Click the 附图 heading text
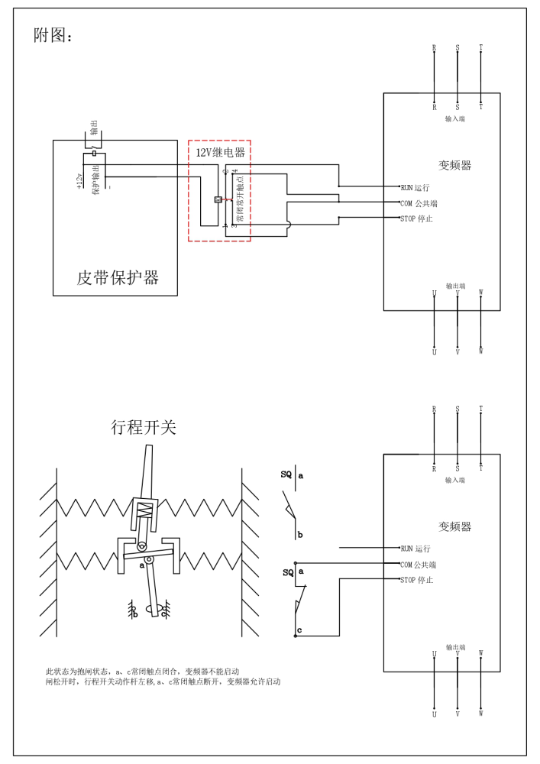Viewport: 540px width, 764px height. (53, 35)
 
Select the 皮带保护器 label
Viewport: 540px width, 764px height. (118, 277)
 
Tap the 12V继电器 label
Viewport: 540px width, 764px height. (220, 153)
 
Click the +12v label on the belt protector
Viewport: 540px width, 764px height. (79, 180)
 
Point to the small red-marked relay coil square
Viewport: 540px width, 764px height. (218, 199)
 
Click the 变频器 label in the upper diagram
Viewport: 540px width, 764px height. (454, 165)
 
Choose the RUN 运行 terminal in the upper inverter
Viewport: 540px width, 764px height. (415, 187)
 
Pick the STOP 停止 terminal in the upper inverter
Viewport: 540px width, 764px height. (416, 219)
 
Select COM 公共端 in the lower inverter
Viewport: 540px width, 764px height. (418, 565)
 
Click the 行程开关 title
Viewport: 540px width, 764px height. (144, 427)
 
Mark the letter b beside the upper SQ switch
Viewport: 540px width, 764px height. (300, 535)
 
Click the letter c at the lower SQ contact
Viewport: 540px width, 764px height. (299, 630)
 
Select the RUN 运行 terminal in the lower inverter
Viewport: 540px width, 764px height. (415, 549)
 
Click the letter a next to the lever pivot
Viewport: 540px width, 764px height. (142, 566)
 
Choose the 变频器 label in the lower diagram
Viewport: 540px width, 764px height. (454, 526)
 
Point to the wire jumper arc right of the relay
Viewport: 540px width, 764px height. (289, 225)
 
